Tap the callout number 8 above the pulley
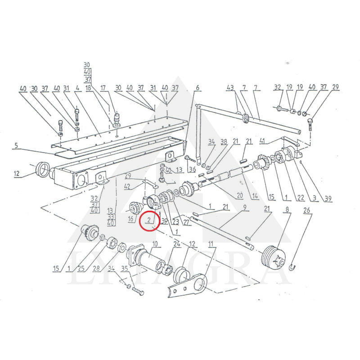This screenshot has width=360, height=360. click(286, 209)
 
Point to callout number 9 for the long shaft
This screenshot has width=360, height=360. click(245, 207)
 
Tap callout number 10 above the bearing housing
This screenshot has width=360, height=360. click(154, 244)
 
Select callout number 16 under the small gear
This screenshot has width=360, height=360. click(130, 219)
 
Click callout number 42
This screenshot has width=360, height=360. click(127, 186)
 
